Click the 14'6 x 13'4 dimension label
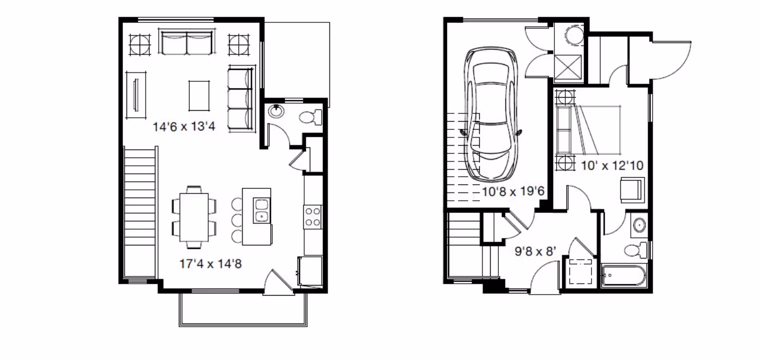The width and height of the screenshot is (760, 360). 184,128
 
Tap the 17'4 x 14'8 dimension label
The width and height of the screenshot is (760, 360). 210,264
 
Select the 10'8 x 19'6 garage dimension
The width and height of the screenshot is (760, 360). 513,191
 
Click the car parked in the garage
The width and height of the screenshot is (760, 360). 490,115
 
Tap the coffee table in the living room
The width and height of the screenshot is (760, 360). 199,95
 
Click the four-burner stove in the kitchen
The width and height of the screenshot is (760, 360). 313,216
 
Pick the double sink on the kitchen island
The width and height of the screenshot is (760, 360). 262,211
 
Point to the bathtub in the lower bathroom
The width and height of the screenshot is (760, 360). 624,275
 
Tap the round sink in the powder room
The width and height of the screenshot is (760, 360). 276,111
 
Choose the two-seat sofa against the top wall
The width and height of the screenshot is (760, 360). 186,43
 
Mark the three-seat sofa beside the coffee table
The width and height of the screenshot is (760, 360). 241,99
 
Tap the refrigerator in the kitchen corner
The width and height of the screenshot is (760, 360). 311,271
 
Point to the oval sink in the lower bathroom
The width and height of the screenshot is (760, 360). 638,225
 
